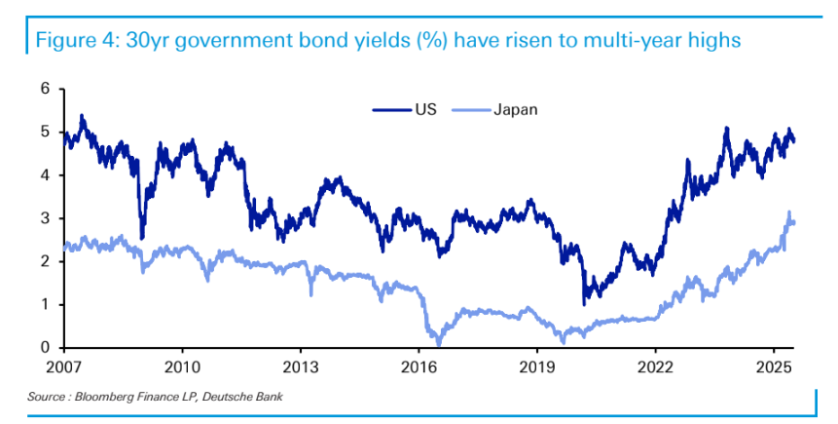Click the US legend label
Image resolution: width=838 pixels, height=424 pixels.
click(x=425, y=109)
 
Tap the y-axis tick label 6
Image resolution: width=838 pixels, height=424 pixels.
click(x=45, y=89)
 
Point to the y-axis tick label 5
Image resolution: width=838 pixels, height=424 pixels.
click(x=45, y=132)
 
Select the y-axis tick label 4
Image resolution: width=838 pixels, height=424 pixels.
click(x=45, y=175)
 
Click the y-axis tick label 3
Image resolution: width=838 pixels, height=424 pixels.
click(x=45, y=218)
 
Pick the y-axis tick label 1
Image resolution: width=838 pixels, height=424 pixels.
click(x=45, y=304)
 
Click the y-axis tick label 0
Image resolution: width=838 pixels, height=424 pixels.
click(x=45, y=348)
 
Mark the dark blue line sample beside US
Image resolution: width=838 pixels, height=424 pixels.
click(x=391, y=109)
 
